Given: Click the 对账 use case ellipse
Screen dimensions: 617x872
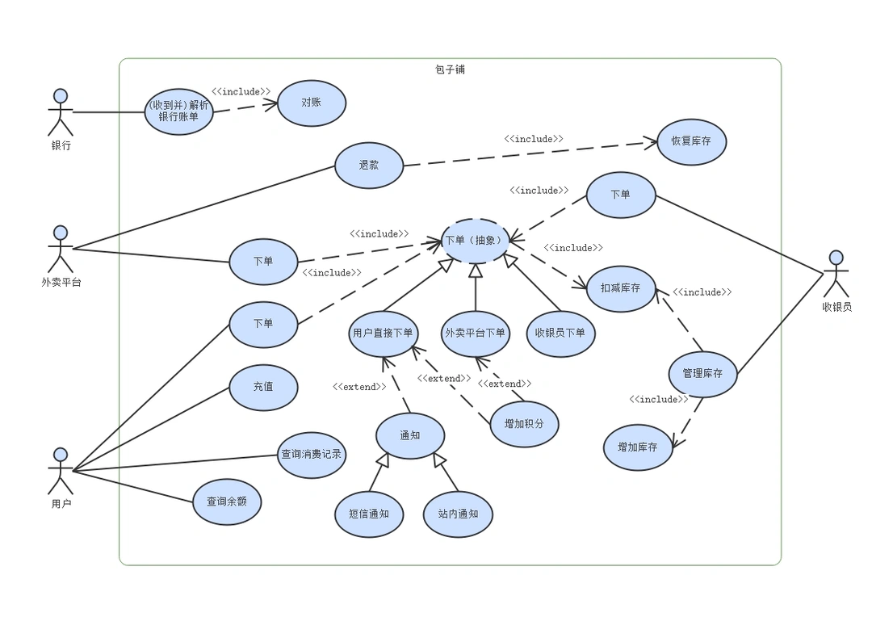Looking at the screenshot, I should (312, 103).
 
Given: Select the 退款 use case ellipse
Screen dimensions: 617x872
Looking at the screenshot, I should (369, 165).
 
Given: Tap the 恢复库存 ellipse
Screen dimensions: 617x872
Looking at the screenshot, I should (691, 141).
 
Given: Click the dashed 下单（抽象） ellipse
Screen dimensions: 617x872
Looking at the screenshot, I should (475, 240).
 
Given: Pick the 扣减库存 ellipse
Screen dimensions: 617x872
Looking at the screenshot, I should (620, 288).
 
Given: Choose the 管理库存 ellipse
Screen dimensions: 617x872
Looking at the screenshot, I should (702, 374).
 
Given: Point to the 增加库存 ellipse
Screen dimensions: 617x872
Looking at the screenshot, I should (638, 447).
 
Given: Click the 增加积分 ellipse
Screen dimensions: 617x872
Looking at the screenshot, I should (524, 424).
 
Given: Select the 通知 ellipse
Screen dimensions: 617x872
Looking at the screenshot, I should (410, 436).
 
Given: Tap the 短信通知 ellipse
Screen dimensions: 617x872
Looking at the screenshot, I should (369, 514).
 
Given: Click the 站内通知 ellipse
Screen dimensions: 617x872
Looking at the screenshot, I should (458, 514).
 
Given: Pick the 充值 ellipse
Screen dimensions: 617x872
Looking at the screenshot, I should (263, 387).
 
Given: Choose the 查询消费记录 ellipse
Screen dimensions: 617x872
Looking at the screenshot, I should (311, 455).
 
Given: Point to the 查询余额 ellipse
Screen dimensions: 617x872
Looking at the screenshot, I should (227, 502).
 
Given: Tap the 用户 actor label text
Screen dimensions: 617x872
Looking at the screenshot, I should (61, 504).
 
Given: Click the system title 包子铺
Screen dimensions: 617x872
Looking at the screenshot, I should (451, 69).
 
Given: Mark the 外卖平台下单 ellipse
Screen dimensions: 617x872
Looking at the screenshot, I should (476, 334).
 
